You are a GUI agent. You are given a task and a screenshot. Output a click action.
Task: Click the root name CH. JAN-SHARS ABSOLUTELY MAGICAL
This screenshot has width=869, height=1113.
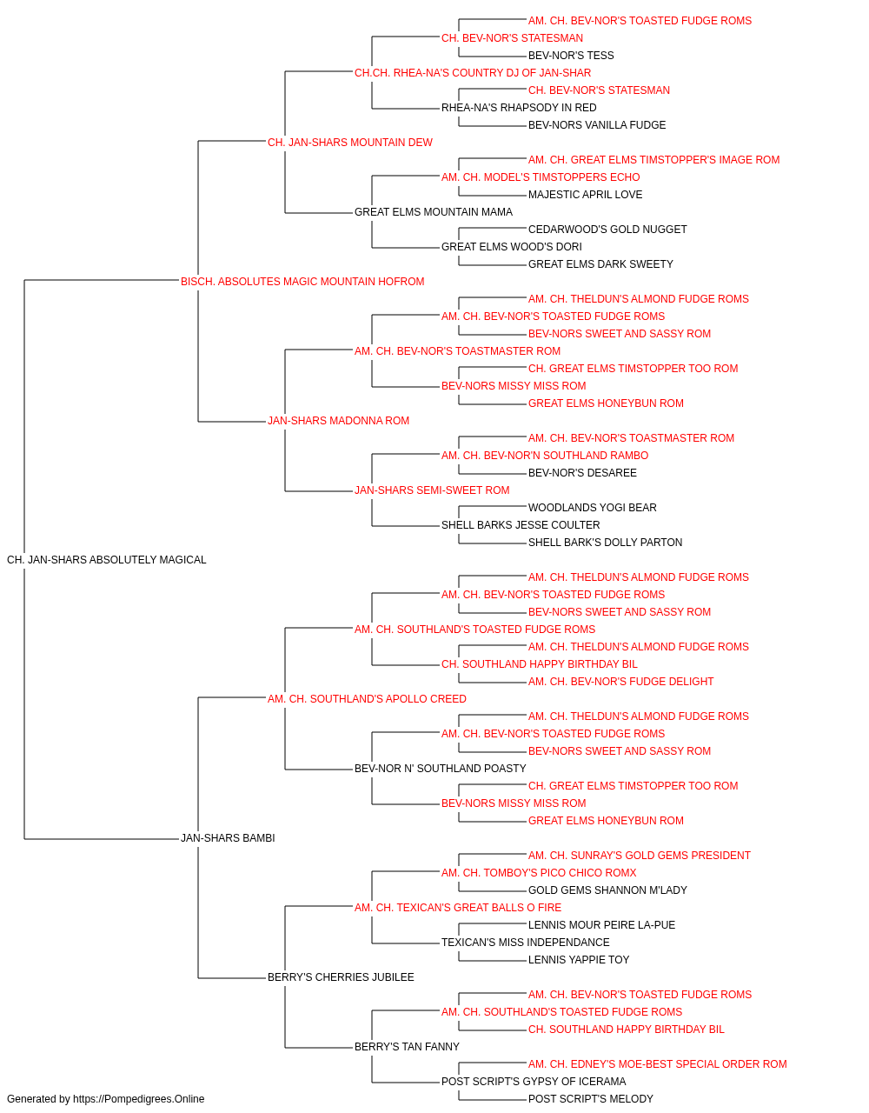pyautogui.click(x=106, y=560)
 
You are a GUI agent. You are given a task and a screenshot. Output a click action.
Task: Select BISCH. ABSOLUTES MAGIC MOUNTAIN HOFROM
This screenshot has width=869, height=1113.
pyautogui.click(x=302, y=282)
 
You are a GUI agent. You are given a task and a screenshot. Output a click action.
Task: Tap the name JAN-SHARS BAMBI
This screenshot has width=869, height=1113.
pyautogui.click(x=228, y=838)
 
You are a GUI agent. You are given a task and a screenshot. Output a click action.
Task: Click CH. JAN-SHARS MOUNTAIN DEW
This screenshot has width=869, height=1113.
pyautogui.click(x=350, y=143)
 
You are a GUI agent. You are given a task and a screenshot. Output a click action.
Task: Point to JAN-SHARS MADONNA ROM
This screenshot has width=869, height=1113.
pyautogui.click(x=338, y=421)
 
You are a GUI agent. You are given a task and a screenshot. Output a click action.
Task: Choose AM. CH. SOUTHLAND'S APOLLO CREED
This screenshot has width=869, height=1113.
pyautogui.click(x=367, y=698)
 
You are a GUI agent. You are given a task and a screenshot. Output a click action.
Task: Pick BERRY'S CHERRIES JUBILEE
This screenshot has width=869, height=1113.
pyautogui.click(x=341, y=976)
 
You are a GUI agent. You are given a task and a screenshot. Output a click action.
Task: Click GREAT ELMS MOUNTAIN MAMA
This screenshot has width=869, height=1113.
pyautogui.click(x=434, y=212)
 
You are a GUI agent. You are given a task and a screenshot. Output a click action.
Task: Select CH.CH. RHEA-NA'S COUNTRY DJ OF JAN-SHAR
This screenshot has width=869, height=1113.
pyautogui.click(x=473, y=73)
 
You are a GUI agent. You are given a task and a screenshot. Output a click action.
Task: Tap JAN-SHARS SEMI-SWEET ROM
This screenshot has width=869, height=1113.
pyautogui.click(x=432, y=490)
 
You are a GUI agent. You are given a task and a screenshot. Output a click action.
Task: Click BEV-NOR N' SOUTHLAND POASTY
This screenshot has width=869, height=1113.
pyautogui.click(x=440, y=769)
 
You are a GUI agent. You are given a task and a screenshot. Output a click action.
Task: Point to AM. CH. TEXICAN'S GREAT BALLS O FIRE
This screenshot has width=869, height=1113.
pyautogui.click(x=458, y=907)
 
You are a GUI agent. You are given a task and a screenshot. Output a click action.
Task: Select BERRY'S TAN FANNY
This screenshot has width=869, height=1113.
pyautogui.click(x=407, y=1046)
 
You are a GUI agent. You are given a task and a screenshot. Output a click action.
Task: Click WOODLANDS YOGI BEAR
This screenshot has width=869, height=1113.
pyautogui.click(x=592, y=508)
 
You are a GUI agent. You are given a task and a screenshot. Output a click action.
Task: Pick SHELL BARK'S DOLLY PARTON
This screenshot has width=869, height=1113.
pyautogui.click(x=605, y=543)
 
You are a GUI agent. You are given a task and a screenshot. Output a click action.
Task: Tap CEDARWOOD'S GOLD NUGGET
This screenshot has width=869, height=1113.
pyautogui.click(x=607, y=230)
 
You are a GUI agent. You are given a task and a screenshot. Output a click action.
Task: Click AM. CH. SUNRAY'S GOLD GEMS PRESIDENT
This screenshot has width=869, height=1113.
pyautogui.click(x=640, y=856)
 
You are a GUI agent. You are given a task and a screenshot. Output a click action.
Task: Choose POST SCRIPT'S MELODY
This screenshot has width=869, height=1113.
pyautogui.click(x=591, y=1099)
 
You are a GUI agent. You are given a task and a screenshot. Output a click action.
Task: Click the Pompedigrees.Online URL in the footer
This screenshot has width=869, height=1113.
pyautogui.click(x=138, y=1099)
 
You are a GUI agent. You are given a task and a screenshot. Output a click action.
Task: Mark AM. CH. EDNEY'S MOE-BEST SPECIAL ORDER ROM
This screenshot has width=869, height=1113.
pyautogui.click(x=658, y=1063)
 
